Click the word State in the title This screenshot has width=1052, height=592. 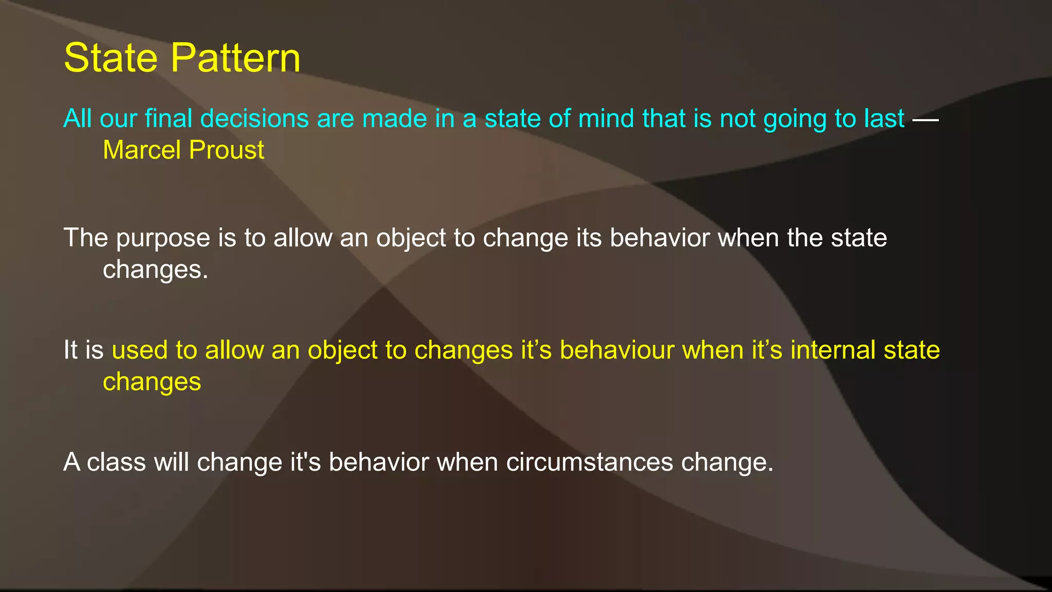[x=110, y=58]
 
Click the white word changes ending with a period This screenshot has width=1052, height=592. [x=155, y=269]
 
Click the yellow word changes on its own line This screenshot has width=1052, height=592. [x=152, y=382]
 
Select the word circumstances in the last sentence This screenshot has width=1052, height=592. [x=589, y=462]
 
